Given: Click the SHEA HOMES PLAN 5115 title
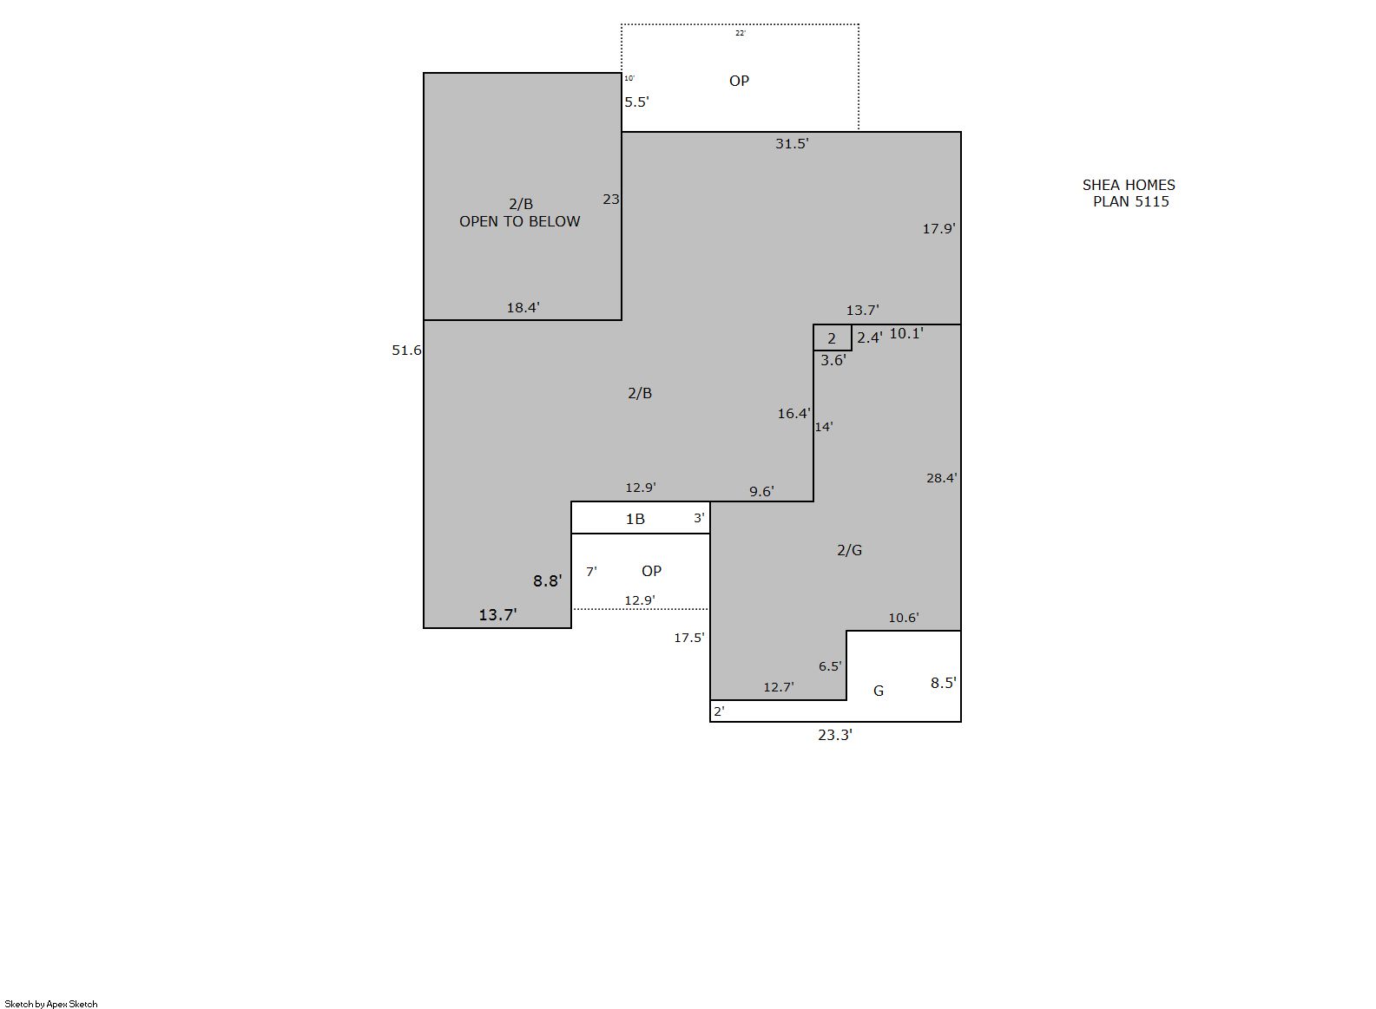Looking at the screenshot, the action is (1129, 193).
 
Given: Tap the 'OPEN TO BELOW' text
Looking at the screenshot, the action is (520, 221).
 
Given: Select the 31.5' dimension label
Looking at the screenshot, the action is (792, 144).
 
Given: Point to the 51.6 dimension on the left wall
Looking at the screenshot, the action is (406, 351).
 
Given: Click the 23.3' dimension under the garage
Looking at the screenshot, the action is (835, 735).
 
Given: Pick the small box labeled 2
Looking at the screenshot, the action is (833, 337).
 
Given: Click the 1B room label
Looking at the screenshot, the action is (635, 519).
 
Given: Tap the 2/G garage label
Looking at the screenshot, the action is (850, 551).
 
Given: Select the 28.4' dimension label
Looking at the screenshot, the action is (942, 478).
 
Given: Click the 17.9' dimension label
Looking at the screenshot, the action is (939, 229).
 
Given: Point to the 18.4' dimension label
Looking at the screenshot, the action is (523, 308).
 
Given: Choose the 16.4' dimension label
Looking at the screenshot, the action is (794, 414).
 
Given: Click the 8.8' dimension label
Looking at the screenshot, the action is (547, 581).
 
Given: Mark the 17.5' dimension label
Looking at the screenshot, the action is (689, 639).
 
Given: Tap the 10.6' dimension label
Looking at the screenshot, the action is (904, 618).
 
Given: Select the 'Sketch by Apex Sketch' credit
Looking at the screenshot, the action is (51, 1004).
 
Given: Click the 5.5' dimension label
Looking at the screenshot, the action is (637, 102).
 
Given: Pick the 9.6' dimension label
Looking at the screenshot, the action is (761, 492).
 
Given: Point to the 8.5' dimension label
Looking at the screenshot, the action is (944, 683).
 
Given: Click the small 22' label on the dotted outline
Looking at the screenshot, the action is (741, 33).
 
